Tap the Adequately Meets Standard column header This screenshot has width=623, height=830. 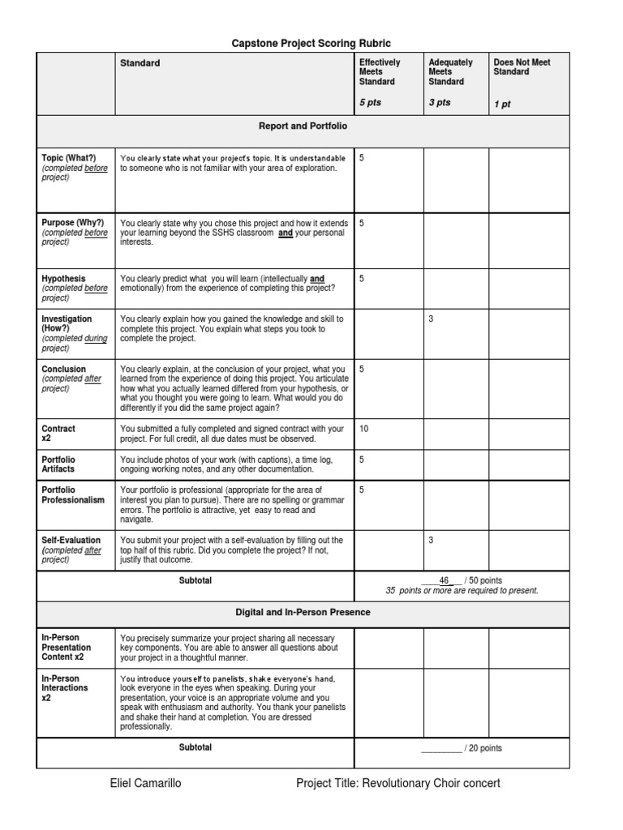coord(450,72)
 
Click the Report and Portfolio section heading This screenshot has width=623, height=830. coord(303,126)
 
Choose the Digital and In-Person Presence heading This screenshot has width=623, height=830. coord(303,612)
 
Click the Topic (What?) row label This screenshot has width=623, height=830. coord(69,158)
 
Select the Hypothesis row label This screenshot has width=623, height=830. coord(63,278)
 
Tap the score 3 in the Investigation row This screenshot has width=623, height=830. coord(431,319)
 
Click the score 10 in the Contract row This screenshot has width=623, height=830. coord(363,429)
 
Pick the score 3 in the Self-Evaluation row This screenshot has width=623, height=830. coord(431,540)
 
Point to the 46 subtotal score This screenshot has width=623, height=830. coord(444,580)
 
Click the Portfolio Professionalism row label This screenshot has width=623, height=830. coord(73,495)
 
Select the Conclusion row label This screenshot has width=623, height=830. coord(63,370)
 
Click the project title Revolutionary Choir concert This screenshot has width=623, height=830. coord(398,784)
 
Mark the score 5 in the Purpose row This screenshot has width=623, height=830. coord(362,223)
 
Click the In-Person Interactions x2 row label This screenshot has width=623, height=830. coord(65,687)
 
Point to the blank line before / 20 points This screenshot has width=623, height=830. coord(440,748)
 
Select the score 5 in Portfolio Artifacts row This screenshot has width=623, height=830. coord(362,460)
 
